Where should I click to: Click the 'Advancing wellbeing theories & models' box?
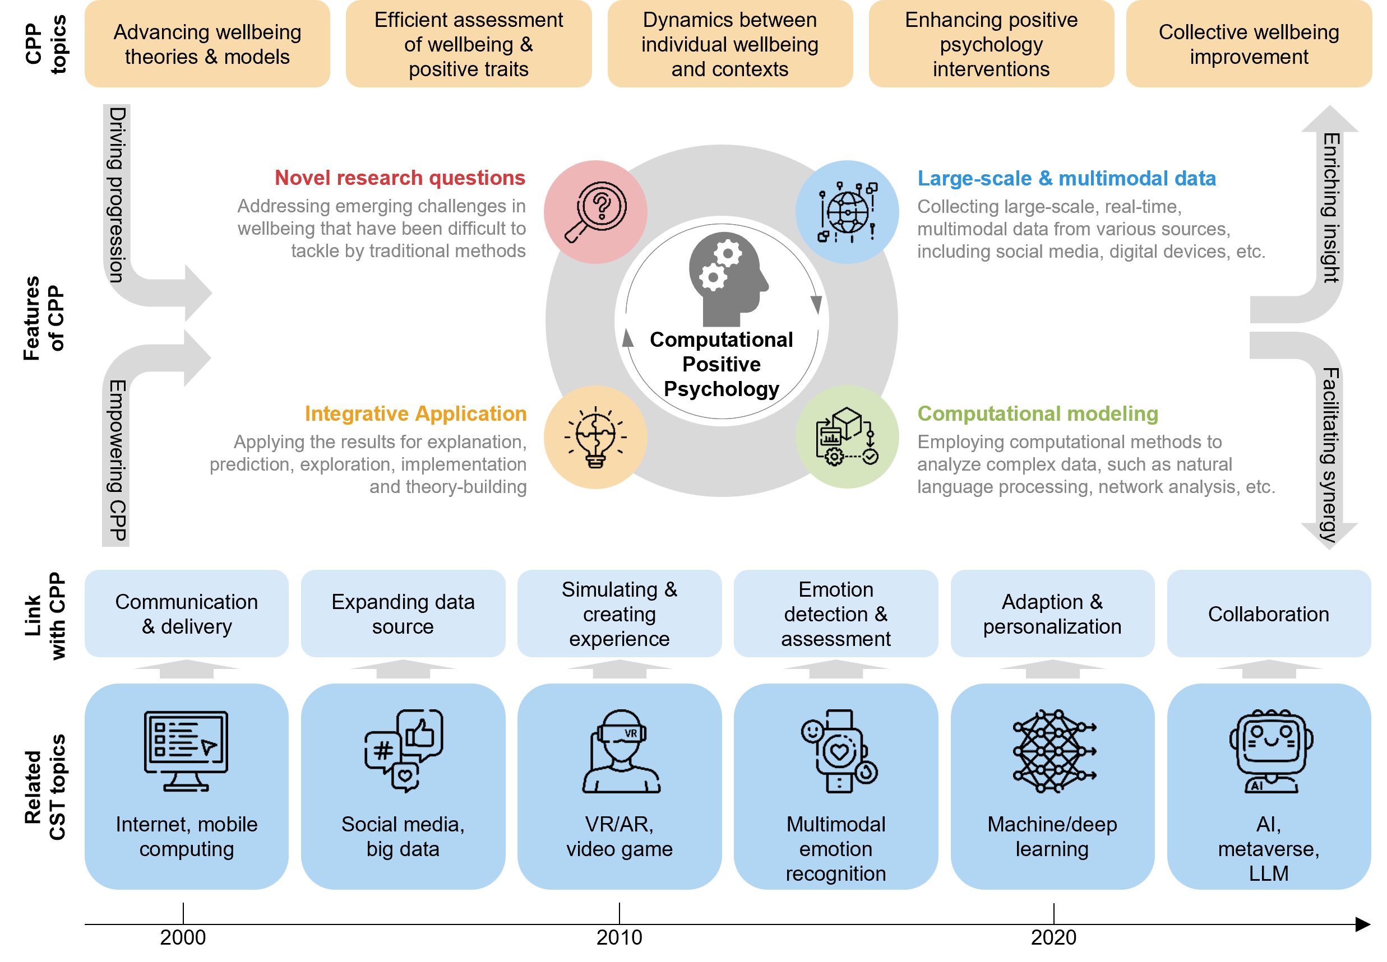coord(207,44)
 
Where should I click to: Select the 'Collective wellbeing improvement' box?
coord(1249,44)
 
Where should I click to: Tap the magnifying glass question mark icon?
coord(595,212)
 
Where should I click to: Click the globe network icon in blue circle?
coord(847,212)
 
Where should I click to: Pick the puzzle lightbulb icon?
coord(595,437)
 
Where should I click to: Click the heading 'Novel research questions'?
coord(400,178)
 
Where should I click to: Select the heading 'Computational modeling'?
coord(1037,413)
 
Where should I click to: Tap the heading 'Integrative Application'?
coord(415,413)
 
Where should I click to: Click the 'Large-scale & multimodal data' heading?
coord(1066,178)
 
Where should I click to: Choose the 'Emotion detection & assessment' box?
coord(836,614)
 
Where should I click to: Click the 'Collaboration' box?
coord(1268,614)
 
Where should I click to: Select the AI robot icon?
coord(1270,751)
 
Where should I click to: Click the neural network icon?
coord(1053,751)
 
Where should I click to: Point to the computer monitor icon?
coord(186,751)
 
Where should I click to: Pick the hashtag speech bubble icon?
coord(403,751)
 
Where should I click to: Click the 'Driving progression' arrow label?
coord(117,194)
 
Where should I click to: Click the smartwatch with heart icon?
coord(838,751)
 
